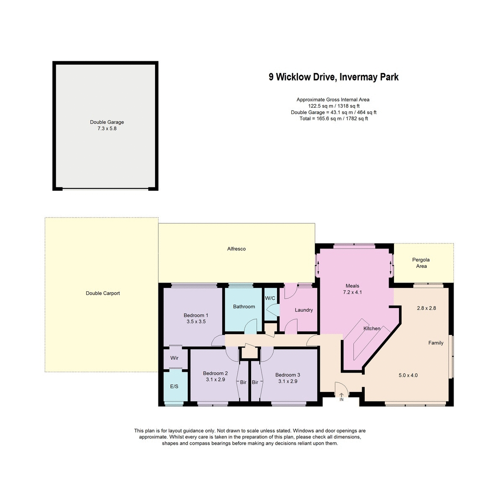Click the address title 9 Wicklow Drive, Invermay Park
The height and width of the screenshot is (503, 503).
pos(334,77)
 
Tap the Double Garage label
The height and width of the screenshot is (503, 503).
pos(107,122)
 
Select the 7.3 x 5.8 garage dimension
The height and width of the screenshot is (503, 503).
pos(107,129)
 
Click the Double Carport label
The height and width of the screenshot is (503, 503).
pos(103,293)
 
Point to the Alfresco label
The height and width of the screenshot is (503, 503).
pos(236,249)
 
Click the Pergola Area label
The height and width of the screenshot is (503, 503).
pos(421,263)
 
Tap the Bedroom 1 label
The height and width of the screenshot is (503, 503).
pos(196,316)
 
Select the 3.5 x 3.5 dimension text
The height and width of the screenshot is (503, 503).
pos(196,322)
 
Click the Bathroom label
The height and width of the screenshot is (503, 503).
pos(244,307)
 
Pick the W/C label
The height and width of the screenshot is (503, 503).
pos(270,298)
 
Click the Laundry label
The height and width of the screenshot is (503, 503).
pos(303,310)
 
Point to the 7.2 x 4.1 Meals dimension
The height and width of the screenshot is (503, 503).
pos(353,292)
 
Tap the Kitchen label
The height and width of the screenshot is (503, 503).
pos(372,329)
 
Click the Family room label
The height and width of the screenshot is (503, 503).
pos(436,343)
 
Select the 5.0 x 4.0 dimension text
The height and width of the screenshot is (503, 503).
pos(408,376)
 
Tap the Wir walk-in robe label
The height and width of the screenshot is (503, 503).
pos(174,358)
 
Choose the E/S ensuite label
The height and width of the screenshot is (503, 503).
pos(174,386)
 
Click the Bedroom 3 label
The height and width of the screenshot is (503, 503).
pos(288,375)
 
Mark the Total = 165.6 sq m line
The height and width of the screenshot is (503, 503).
pos(334,119)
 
